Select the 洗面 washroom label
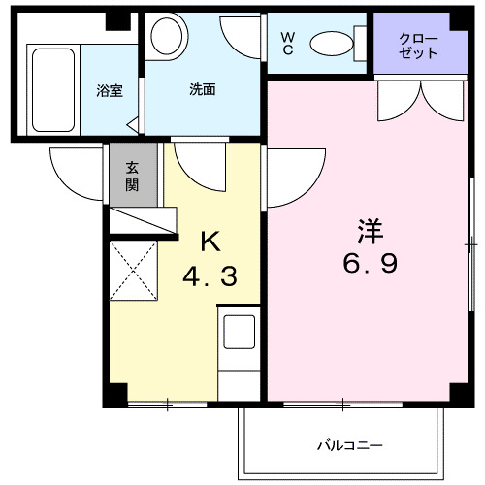(202, 90)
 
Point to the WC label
(288, 42)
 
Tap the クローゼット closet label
(418, 45)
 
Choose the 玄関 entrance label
(132, 175)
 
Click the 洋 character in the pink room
(370, 232)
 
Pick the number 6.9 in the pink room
(370, 265)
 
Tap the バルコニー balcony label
(350, 446)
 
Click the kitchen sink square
(239, 332)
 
